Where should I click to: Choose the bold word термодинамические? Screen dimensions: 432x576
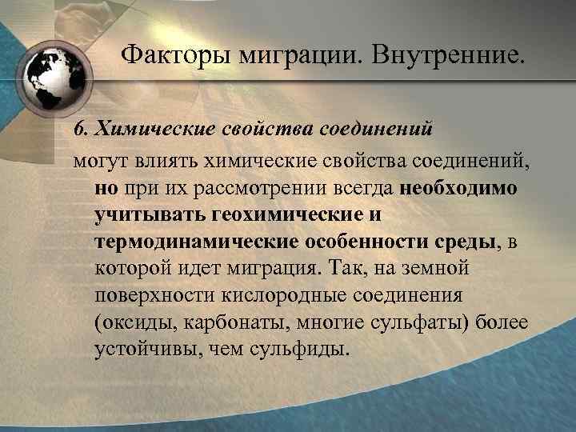(x=194, y=243)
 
